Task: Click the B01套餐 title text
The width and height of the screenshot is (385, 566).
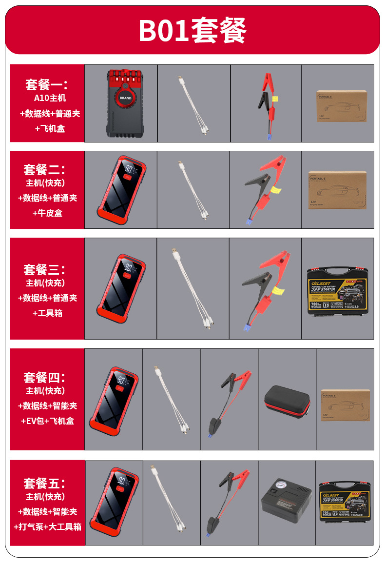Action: coord(192,30)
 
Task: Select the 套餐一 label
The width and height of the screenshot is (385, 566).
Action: coord(46,85)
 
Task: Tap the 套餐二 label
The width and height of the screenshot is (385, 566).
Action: coord(44,169)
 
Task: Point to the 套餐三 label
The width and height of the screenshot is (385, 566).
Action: coord(44,269)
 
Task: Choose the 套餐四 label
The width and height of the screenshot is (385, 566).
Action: coord(44,377)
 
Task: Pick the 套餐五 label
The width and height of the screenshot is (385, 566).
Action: coord(44,483)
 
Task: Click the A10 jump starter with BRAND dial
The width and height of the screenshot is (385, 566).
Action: coord(121,103)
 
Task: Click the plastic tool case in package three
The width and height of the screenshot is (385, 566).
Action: coord(338,291)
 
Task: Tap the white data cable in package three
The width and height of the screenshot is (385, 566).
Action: coord(192,288)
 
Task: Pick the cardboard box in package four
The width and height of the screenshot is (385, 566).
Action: coord(345,404)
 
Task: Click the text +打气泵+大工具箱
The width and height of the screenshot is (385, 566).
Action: coord(47,526)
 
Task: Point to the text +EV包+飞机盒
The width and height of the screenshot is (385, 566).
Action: coord(47,421)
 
